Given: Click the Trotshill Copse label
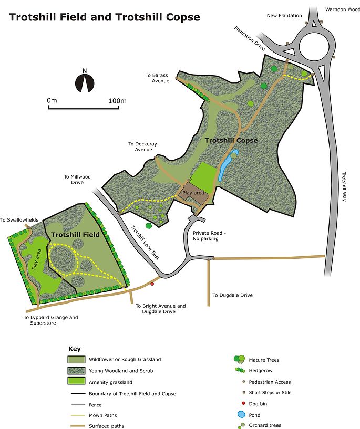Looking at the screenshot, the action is pyautogui.click(x=231, y=141).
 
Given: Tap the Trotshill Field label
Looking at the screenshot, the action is pyautogui.click(x=76, y=235).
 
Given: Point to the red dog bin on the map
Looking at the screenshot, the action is pyautogui.click(x=152, y=284).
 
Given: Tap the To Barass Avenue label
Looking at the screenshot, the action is pyautogui.click(x=157, y=78).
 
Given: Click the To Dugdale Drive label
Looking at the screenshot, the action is pyautogui.click(x=232, y=295).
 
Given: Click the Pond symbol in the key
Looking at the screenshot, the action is pyautogui.click(x=242, y=414).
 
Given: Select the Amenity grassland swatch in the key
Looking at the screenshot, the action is pyautogui.click(x=77, y=381).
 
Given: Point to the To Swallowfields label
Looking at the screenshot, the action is pyautogui.click(x=20, y=220).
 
